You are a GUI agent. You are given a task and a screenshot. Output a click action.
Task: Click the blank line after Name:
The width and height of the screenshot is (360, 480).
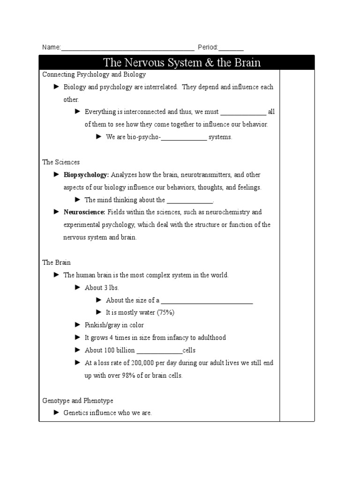pyautogui.click(x=127, y=48)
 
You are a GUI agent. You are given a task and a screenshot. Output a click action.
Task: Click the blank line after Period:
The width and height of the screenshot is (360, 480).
pyautogui.click(x=231, y=48)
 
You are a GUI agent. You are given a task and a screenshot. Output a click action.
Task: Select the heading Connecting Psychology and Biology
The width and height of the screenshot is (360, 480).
pyautogui.click(x=94, y=75)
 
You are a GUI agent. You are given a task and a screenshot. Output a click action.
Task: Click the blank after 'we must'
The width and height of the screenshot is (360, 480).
pyautogui.click(x=243, y=112)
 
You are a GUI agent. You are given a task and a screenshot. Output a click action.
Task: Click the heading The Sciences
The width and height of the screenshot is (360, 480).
pyautogui.click(x=61, y=162)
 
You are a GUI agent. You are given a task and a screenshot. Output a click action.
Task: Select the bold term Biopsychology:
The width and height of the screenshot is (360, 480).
pyautogui.click(x=86, y=175)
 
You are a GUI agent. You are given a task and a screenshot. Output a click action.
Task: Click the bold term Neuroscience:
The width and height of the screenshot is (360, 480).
pyautogui.click(x=84, y=212)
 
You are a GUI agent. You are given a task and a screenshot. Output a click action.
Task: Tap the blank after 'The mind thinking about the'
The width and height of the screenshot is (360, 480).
pyautogui.click(x=190, y=200)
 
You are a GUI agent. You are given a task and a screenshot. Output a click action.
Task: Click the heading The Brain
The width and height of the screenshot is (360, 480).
pyautogui.click(x=56, y=262)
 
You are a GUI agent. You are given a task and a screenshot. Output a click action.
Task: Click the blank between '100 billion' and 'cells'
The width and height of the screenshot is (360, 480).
pyautogui.click(x=159, y=351)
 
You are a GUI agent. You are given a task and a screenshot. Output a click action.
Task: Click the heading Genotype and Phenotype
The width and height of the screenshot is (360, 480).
pyautogui.click(x=77, y=401)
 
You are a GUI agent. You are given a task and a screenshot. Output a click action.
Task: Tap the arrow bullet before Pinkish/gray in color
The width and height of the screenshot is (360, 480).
pyautogui.click(x=78, y=325)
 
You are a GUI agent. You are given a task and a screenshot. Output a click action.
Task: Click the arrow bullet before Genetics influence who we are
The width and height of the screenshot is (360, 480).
pyautogui.click(x=57, y=412)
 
